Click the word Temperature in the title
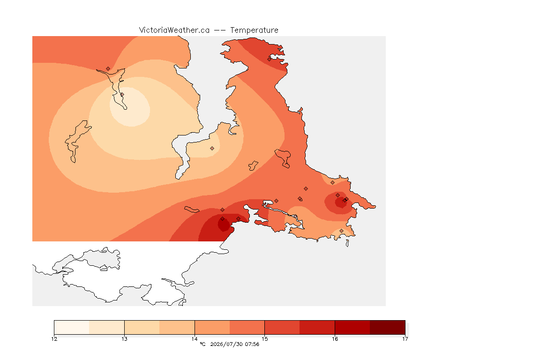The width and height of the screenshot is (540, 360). pyautogui.click(x=254, y=30)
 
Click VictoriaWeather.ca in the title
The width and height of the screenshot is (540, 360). pyautogui.click(x=174, y=30)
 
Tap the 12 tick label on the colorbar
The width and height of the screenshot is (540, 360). pyautogui.click(x=54, y=339)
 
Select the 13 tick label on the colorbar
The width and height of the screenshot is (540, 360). pyautogui.click(x=124, y=339)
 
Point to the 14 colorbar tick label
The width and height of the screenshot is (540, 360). pyautogui.click(x=195, y=339)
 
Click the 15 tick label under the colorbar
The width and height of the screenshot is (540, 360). pyautogui.click(x=264, y=339)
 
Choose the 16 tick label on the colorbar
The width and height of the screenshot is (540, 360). pyautogui.click(x=335, y=339)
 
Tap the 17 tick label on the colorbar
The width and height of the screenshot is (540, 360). pyautogui.click(x=405, y=339)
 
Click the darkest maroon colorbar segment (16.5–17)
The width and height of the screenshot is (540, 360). pyautogui.click(x=388, y=327)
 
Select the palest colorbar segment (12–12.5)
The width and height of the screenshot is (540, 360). pyautogui.click(x=72, y=327)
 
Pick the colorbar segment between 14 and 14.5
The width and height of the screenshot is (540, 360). pyautogui.click(x=212, y=327)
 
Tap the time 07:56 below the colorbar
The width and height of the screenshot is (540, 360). pyautogui.click(x=252, y=344)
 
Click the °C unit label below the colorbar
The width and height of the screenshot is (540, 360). pyautogui.click(x=202, y=344)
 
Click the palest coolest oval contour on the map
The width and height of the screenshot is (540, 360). pyautogui.click(x=130, y=107)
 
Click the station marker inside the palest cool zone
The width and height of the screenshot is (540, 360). pyautogui.click(x=122, y=94)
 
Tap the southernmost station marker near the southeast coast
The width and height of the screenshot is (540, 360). pyautogui.click(x=341, y=231)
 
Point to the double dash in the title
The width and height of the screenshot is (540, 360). pyautogui.click(x=220, y=30)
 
